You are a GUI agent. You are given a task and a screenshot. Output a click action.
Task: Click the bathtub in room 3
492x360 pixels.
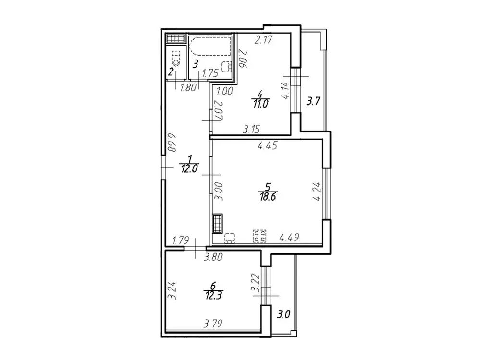pyautogui.click(x=210, y=47)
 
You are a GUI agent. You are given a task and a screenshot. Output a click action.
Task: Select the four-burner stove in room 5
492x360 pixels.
pyautogui.click(x=259, y=236)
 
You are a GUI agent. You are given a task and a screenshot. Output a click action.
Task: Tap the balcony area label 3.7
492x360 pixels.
pyautogui.click(x=313, y=101)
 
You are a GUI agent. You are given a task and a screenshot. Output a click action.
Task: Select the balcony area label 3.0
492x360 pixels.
pyautogui.click(x=283, y=314)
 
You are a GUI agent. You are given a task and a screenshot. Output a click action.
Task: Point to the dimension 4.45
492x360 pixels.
pyautogui.click(x=267, y=146)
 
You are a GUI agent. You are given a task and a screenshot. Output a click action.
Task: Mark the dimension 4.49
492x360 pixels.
pyautogui.click(x=289, y=238)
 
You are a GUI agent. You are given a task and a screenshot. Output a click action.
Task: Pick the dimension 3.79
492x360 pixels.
pyautogui.click(x=213, y=323)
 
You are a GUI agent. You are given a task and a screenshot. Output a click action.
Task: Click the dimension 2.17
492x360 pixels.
pyautogui.click(x=263, y=40)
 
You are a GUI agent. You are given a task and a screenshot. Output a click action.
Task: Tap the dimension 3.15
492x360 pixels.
pyautogui.click(x=251, y=129)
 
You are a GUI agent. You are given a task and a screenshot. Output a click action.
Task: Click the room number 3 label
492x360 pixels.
pyautogui.click(x=195, y=64)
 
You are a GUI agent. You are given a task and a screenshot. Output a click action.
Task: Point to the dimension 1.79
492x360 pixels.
pyautogui.click(x=181, y=241)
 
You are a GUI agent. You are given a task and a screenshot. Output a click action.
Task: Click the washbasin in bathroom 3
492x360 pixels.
pyautogui.click(x=227, y=66)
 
